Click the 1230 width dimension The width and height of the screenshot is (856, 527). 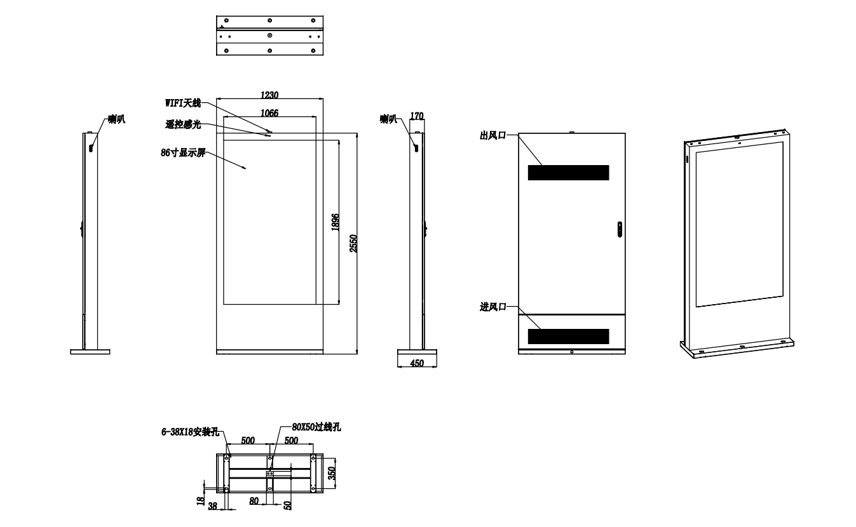[269, 95]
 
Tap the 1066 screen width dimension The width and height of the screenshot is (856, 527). [269, 112]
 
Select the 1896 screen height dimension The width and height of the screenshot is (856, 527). [335, 222]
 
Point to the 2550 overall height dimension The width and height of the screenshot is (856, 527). [353, 243]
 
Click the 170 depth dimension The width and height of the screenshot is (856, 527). [416, 116]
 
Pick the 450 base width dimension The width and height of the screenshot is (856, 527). [417, 363]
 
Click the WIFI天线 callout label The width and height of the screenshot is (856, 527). [182, 103]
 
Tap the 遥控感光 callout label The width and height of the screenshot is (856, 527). [183, 124]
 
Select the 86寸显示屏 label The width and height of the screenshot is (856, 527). [183, 153]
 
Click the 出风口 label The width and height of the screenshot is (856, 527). [493, 135]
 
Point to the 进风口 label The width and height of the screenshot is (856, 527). [493, 307]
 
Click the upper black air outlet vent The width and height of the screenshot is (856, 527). [568, 173]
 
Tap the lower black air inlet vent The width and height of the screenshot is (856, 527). [568, 336]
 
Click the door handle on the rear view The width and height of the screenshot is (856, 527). [620, 229]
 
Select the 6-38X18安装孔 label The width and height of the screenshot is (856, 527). [190, 432]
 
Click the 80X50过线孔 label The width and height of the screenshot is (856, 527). [316, 427]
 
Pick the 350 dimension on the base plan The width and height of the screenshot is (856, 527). [332, 473]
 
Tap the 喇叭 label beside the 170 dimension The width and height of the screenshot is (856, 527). [388, 119]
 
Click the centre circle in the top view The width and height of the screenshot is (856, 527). [270, 36]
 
